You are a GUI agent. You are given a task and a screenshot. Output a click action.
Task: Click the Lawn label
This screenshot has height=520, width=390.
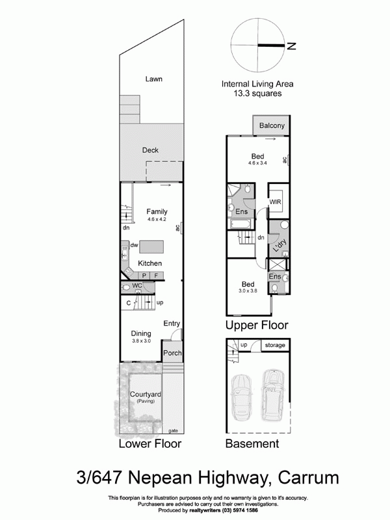[153, 79]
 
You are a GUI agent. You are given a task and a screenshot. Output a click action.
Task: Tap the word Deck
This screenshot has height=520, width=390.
[150, 150]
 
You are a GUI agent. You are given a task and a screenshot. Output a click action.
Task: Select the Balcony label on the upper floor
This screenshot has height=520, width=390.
[272, 125]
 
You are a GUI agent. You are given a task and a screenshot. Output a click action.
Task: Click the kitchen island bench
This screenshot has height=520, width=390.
[152, 246]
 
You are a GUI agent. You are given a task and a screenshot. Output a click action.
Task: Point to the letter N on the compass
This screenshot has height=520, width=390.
[292, 45]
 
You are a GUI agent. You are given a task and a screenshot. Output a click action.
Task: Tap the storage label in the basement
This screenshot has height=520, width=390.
[274, 345]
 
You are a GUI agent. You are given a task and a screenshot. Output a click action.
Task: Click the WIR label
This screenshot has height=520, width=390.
[276, 203]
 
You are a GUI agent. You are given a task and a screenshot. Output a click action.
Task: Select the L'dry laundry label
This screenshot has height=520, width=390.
[280, 246]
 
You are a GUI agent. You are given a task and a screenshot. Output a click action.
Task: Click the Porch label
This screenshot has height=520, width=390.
[172, 354]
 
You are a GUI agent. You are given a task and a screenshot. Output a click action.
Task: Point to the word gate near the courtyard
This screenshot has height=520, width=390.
[173, 430]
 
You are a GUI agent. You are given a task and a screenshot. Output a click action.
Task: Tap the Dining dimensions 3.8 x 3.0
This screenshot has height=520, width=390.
[141, 341]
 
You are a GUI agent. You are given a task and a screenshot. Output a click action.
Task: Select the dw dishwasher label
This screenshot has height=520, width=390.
[134, 245]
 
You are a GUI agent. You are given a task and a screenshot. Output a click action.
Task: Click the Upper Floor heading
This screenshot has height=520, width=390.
[257, 325]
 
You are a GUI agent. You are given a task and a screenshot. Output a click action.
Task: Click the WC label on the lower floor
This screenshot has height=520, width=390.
[137, 285]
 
